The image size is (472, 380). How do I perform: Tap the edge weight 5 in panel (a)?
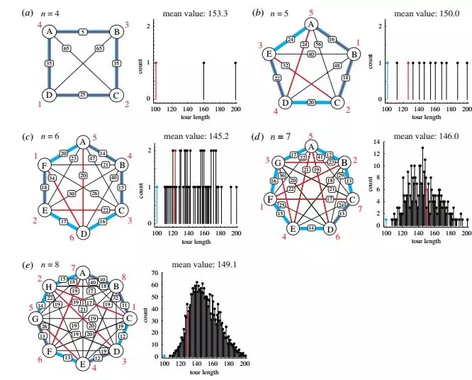83,32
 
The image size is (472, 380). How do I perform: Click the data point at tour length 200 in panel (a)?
235,63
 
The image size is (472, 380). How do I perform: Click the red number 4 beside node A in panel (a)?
40,26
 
